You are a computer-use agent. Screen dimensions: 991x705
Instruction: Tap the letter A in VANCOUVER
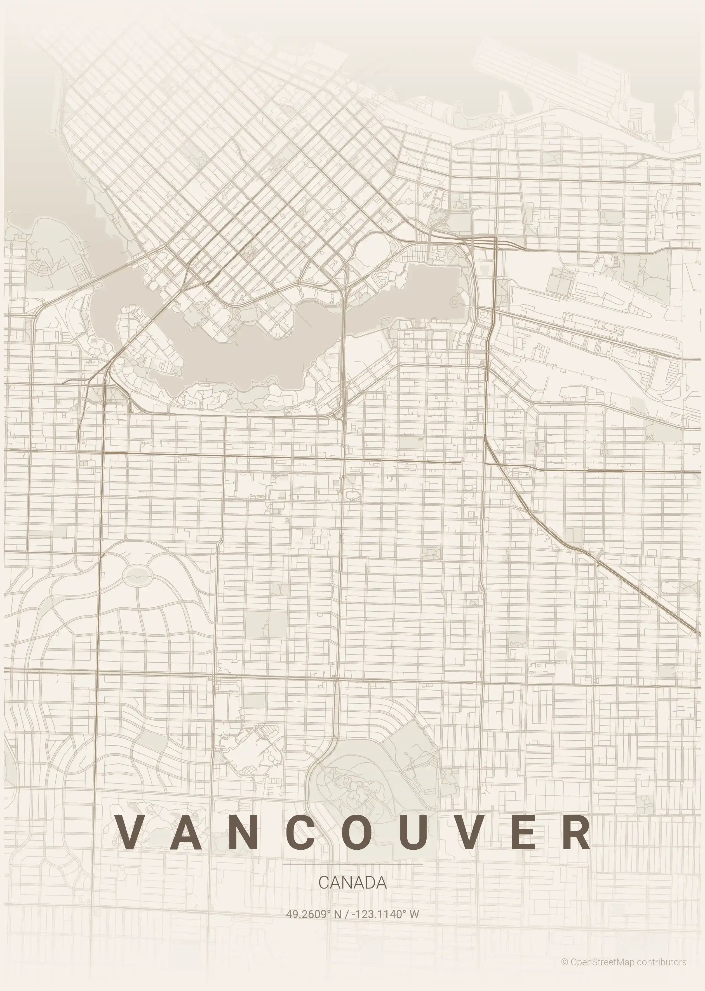(x=186, y=832)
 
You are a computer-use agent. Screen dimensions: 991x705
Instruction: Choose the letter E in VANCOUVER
(x=523, y=832)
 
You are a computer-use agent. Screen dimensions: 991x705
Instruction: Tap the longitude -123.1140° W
(x=386, y=914)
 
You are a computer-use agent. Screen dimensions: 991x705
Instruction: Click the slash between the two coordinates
(x=346, y=914)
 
